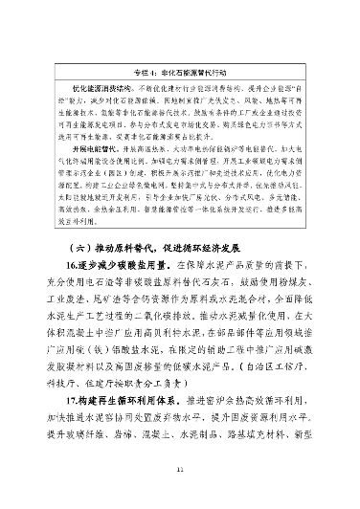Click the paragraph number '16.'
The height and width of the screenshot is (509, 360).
point(73,261)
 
